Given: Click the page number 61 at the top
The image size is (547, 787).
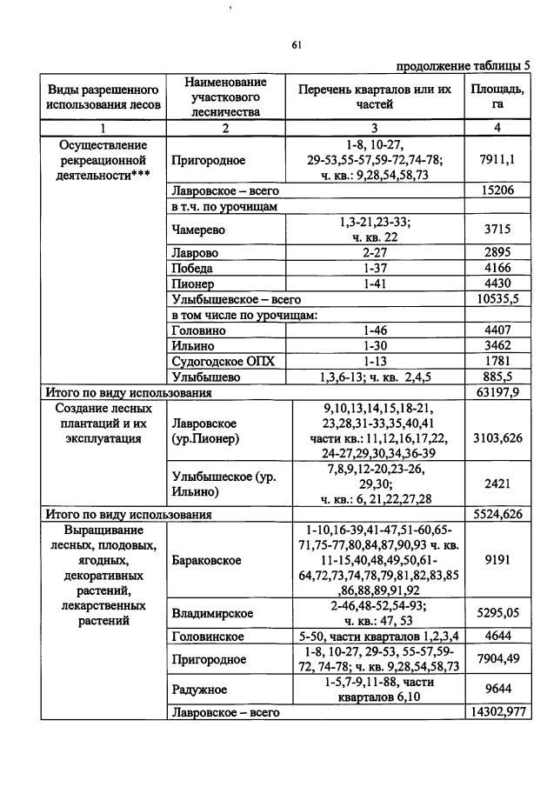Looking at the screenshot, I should (296, 46).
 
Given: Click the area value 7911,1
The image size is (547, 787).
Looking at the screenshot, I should (497, 160).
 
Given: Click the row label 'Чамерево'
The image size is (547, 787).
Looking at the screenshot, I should (197, 230).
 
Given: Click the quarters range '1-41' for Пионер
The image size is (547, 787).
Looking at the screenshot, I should (374, 283).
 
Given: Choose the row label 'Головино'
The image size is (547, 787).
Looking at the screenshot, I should (200, 330).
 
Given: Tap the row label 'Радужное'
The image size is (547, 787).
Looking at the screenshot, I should (199, 689).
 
